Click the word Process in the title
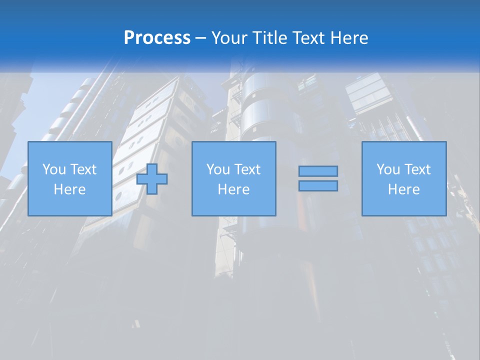coord(157,38)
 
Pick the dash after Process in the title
coord(201,38)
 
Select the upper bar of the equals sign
coord(318,171)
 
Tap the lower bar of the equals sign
coord(318,185)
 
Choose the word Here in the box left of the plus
coord(69,189)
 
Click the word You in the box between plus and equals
coord(217,169)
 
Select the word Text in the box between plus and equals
coord(247,169)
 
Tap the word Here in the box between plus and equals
coord(233,189)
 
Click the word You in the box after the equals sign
coord(387,169)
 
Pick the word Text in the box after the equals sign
coord(417,169)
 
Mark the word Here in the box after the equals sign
coord(403,189)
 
